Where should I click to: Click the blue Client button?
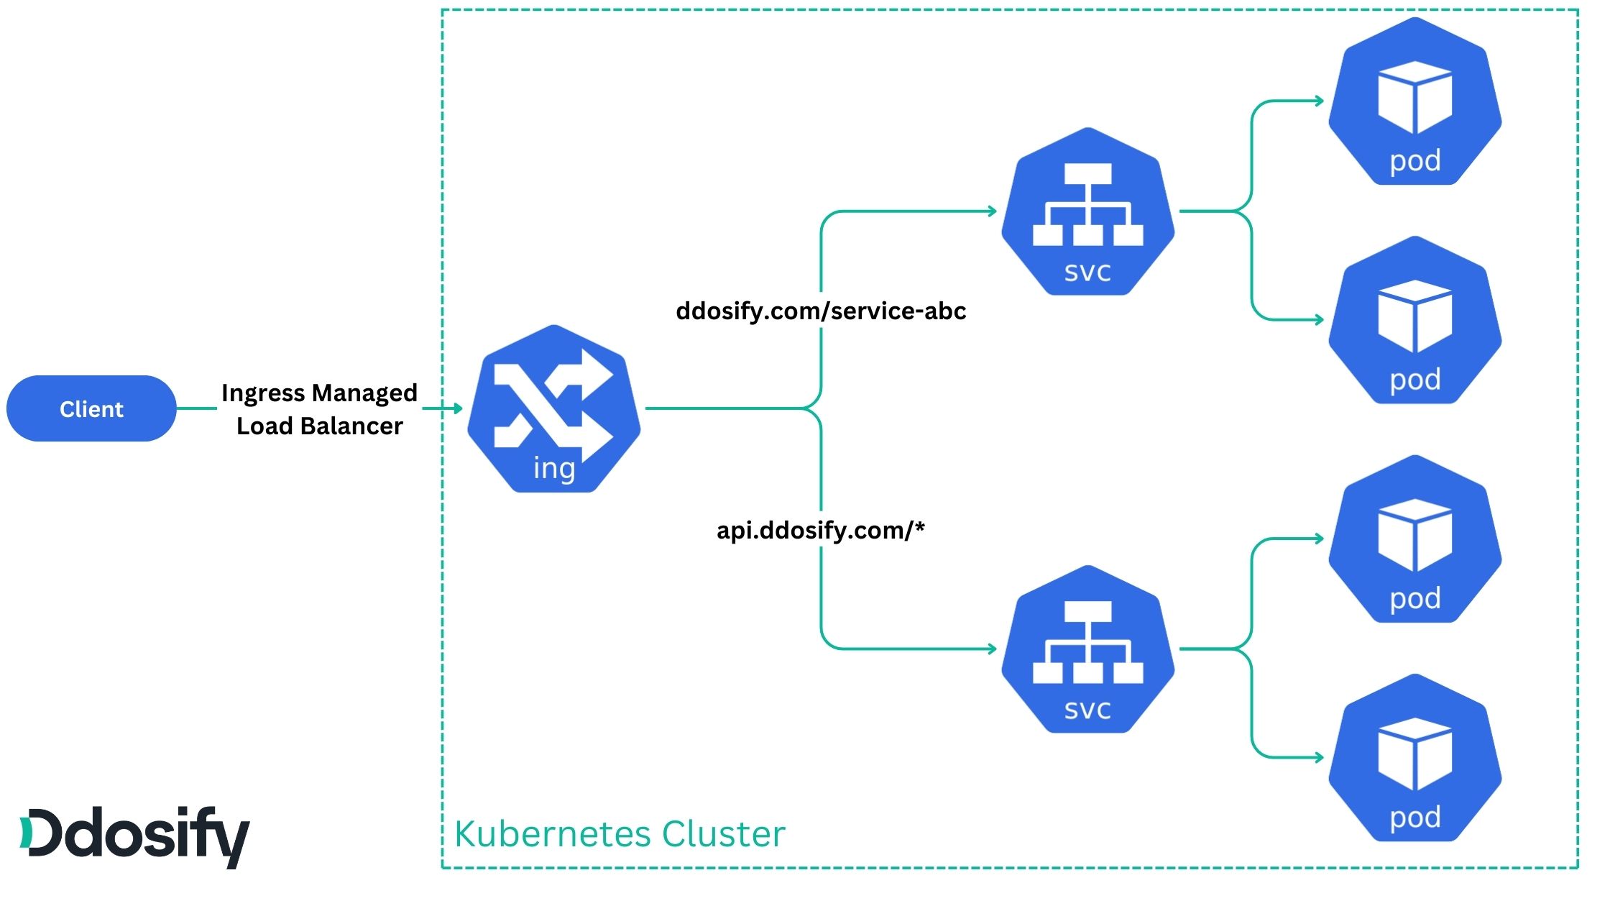click(x=91, y=408)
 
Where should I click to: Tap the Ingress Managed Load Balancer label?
click(x=319, y=409)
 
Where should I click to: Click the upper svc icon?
click(x=1087, y=211)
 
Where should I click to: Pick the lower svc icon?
click(x=1087, y=649)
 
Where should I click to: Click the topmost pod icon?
click(x=1414, y=101)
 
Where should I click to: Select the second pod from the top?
click(x=1414, y=320)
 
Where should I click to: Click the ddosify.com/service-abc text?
click(x=821, y=311)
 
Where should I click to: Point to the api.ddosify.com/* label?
click(x=820, y=531)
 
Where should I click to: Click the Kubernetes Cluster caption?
click(x=620, y=834)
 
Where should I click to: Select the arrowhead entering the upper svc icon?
click(x=993, y=211)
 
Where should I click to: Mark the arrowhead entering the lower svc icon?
click(x=993, y=649)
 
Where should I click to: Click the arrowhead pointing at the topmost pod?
click(x=1320, y=101)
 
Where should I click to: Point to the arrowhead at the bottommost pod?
click(x=1320, y=757)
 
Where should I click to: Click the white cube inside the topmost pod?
click(x=1414, y=96)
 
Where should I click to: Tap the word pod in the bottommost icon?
click(x=1414, y=818)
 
